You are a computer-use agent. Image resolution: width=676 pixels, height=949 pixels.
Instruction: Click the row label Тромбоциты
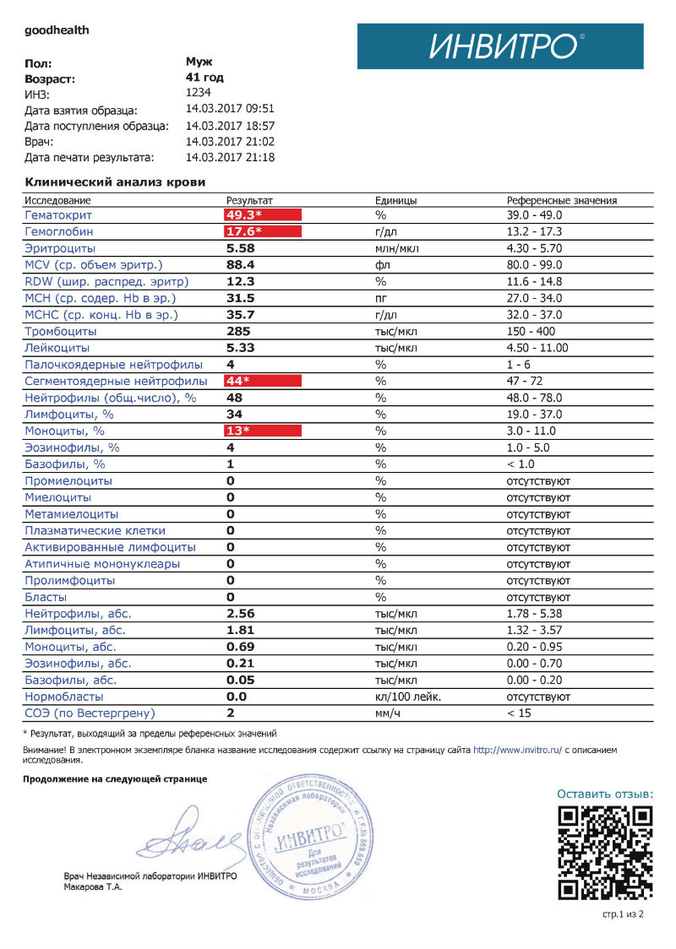(57, 332)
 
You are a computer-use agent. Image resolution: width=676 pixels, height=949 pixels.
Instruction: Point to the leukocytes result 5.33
(241, 348)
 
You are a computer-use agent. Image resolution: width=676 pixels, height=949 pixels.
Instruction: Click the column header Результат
(249, 201)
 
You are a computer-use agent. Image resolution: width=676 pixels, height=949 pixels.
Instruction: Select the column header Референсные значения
(561, 201)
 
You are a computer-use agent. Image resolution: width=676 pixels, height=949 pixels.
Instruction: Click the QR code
(607, 851)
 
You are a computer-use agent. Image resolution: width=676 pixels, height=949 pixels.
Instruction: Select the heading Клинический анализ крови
(115, 182)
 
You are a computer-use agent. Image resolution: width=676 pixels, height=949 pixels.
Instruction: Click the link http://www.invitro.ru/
(517, 750)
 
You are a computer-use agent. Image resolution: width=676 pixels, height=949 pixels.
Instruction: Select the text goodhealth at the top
(57, 30)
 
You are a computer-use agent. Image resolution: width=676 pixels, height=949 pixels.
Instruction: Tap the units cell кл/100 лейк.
(408, 697)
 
